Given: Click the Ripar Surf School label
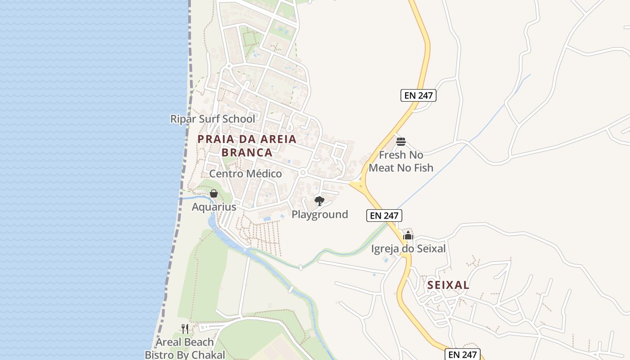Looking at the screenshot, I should click(212, 119).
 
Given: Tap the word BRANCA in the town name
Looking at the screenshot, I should click(247, 153).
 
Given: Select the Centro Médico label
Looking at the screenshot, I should click(245, 174).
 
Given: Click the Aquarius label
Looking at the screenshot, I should click(214, 207).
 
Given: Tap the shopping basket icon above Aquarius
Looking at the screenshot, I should click(214, 193).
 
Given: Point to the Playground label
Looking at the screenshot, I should click(319, 214).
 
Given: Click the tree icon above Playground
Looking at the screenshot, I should click(319, 201).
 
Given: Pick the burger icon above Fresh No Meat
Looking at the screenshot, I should click(401, 142).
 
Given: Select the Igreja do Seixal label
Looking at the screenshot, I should click(408, 248).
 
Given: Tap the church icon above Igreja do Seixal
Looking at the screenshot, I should click(408, 235).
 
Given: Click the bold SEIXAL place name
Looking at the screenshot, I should click(448, 285).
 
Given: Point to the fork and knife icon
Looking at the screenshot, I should click(184, 328).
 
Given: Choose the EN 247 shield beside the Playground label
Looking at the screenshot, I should click(384, 216).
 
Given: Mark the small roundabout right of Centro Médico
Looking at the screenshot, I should click(303, 172).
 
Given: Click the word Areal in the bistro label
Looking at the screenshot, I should click(168, 342).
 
